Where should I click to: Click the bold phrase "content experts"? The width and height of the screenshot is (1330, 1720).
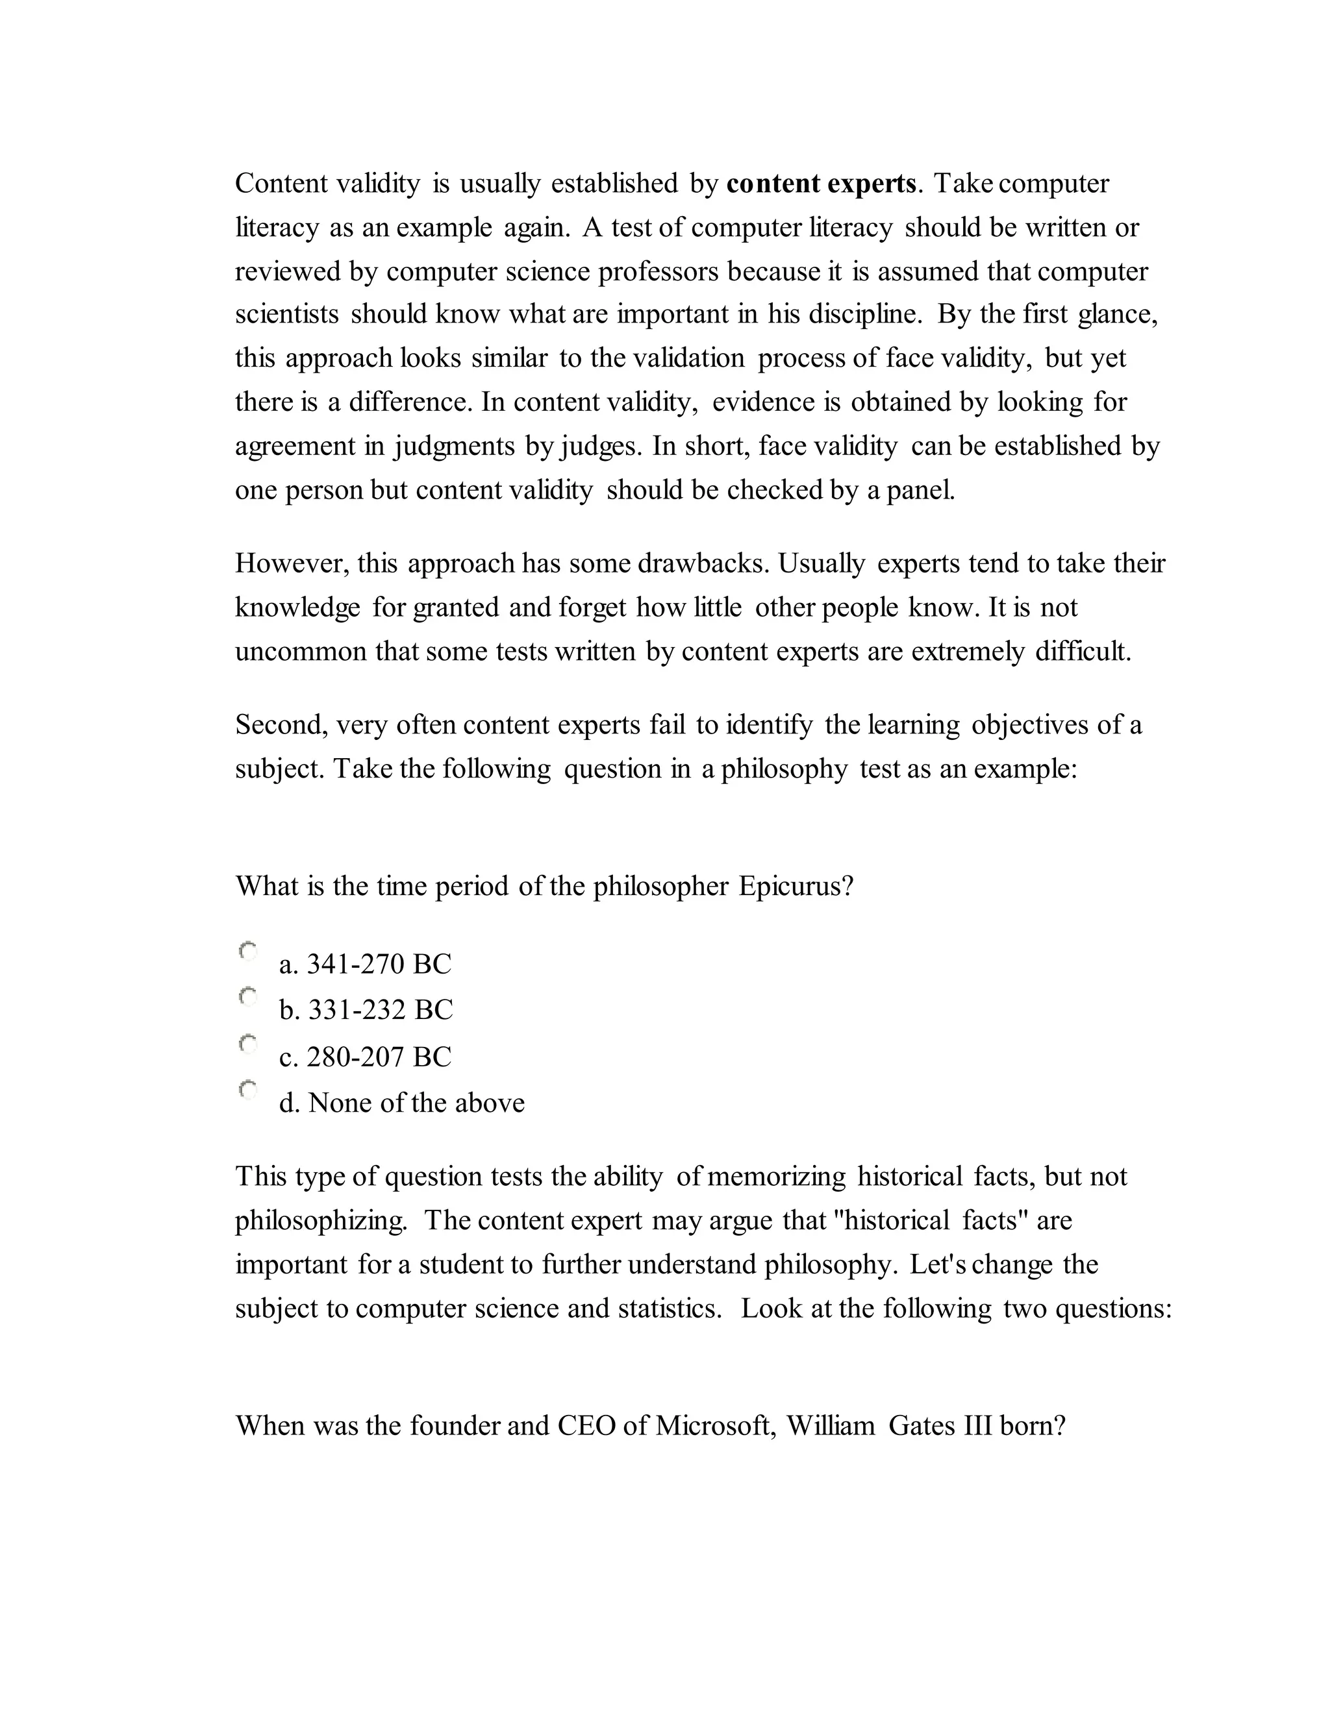point(821,184)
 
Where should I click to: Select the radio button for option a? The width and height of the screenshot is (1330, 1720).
point(248,952)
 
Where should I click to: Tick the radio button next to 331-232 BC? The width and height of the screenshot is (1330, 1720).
point(248,997)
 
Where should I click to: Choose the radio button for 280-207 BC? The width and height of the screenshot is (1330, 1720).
point(248,1044)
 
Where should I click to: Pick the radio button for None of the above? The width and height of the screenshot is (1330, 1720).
point(248,1090)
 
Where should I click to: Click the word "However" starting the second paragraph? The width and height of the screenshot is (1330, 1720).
point(292,564)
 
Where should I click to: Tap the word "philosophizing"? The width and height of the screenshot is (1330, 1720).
point(320,1221)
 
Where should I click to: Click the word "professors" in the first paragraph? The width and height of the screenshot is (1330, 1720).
point(658,272)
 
